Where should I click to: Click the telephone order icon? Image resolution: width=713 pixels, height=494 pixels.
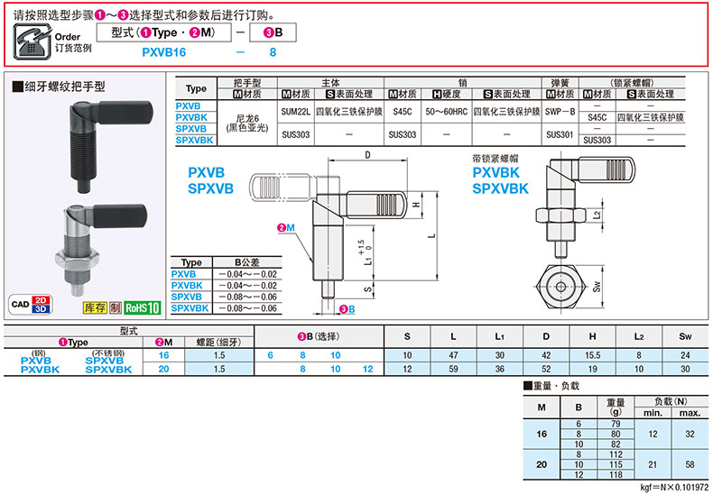[32, 41]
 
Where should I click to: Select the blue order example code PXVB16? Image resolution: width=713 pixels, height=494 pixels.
[164, 52]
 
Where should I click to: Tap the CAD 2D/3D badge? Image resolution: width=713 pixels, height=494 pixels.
[31, 305]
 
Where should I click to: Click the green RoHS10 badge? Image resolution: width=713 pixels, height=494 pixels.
[143, 307]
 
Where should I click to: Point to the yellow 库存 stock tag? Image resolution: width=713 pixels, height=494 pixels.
[95, 307]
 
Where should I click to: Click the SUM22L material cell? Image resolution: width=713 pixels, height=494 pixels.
[295, 112]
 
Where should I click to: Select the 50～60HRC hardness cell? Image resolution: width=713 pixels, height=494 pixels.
[446, 112]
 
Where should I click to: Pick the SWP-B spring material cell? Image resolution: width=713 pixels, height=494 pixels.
[560, 112]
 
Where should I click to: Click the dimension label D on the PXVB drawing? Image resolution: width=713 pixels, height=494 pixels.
[367, 155]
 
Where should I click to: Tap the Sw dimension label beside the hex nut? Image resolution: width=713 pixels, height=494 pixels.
[597, 286]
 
